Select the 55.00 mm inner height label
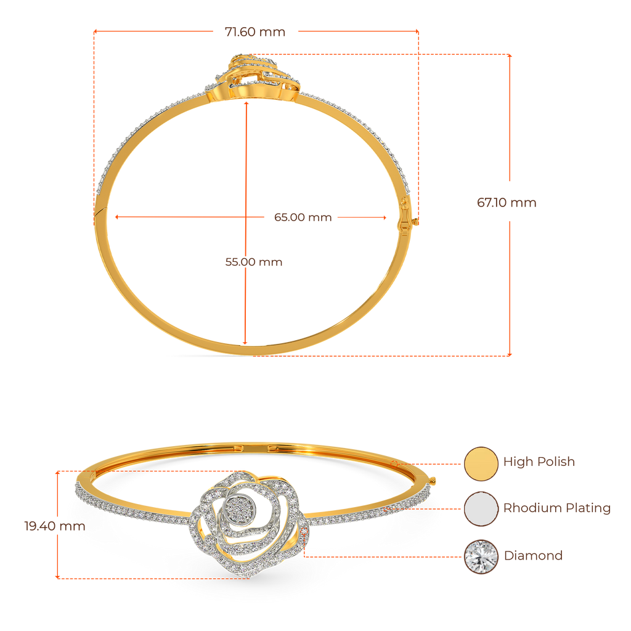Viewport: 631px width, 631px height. click(253, 262)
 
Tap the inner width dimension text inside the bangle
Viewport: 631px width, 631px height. click(303, 217)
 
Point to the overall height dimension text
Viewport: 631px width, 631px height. click(507, 202)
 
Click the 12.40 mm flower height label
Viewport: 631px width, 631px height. click(54, 526)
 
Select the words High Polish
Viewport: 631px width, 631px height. click(539, 462)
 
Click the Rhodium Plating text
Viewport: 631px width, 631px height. click(557, 508)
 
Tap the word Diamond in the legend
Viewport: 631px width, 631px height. click(534, 555)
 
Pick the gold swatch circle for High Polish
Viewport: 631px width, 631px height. click(481, 463)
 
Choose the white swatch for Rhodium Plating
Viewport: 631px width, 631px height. click(481, 509)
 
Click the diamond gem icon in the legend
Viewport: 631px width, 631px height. click(481, 556)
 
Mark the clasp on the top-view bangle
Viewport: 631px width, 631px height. click(407, 218)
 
